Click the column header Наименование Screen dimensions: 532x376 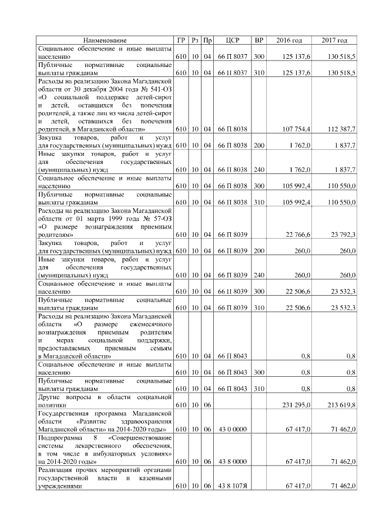105,40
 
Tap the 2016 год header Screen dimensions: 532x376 289,40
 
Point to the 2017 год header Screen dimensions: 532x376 335,40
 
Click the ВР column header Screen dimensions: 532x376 259,40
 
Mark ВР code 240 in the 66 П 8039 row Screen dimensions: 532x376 259,275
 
